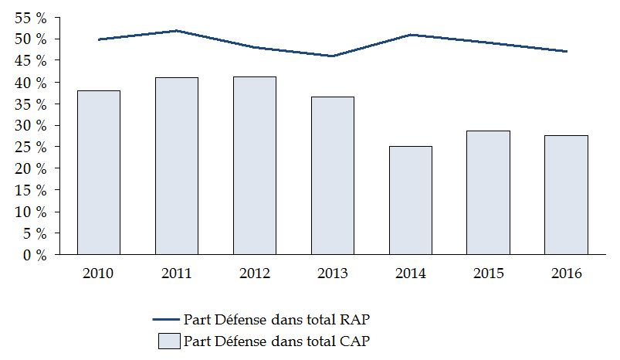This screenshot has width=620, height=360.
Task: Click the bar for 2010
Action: (99, 172)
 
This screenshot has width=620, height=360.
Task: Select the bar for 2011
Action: (177, 166)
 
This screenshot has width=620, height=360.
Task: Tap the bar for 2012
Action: (255, 165)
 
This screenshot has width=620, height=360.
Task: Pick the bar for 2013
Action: (333, 175)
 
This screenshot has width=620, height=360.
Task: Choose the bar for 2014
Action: (411, 200)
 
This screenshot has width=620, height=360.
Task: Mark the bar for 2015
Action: (489, 192)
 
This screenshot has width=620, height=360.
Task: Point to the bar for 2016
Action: (567, 195)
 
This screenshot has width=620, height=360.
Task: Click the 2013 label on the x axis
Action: (333, 273)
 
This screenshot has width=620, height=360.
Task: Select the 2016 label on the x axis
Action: (567, 273)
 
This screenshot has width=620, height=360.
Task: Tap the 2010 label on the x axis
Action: (99, 273)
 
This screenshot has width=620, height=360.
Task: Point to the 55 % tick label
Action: (31, 17)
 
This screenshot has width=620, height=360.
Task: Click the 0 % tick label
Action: (35, 255)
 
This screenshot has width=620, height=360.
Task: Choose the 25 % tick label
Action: (31, 147)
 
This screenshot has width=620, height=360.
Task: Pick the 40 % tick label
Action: (31, 82)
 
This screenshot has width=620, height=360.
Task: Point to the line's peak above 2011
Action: (177, 31)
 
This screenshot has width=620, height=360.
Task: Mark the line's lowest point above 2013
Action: (333, 56)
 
